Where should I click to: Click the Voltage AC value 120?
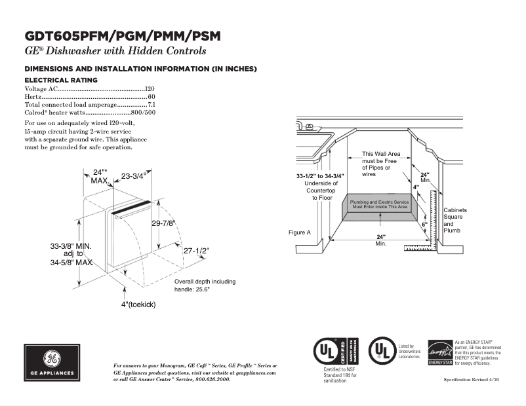pyautogui.click(x=150, y=88)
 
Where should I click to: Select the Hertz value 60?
pyautogui.click(x=152, y=96)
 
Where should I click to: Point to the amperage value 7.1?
pyautogui.click(x=151, y=105)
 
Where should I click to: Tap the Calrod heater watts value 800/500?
pyautogui.click(x=144, y=113)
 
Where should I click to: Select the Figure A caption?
pyautogui.click(x=300, y=232)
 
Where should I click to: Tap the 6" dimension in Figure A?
pyautogui.click(x=424, y=225)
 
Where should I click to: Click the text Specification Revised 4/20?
pyautogui.click(x=472, y=380)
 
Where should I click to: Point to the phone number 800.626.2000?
pyautogui.click(x=211, y=379)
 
